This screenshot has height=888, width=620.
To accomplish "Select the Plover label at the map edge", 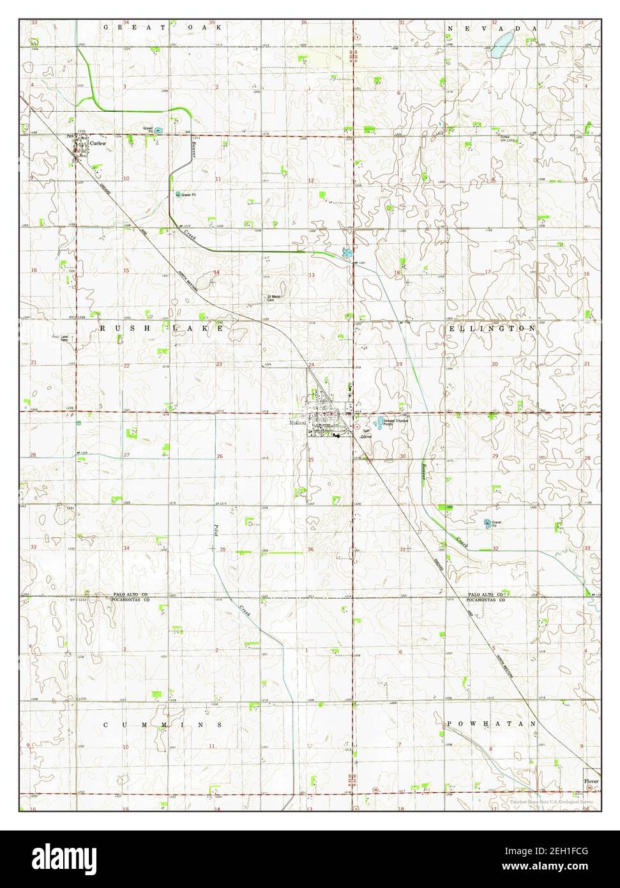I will pos(591,781).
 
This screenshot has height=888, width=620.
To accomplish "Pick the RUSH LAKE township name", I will pos(162,327).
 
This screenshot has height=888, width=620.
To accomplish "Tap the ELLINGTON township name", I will pos(492,328).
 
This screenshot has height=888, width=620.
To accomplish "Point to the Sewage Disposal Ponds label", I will pos(395,422).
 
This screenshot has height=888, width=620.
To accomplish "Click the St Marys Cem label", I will pos(274,297).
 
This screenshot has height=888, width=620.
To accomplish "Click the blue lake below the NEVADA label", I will pos(500,46).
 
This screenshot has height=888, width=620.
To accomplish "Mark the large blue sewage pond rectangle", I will pos(381,421).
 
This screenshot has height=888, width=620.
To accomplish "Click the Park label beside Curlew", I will pos(72,136).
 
